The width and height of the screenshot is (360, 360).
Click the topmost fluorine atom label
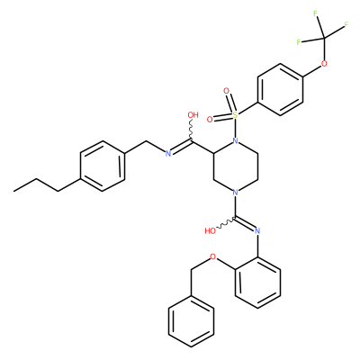point(315,13)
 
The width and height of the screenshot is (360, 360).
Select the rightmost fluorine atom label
point(346,24)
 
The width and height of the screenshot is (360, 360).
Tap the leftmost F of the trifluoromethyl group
point(299,42)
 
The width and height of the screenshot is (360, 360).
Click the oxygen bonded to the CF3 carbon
point(324,64)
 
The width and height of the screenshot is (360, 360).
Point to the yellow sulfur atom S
point(235,114)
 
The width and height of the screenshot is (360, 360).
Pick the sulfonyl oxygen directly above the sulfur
point(227,90)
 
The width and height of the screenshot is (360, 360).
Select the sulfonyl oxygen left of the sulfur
point(210,120)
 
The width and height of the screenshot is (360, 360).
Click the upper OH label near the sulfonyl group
point(193,115)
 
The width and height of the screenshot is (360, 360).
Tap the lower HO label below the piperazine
point(211,230)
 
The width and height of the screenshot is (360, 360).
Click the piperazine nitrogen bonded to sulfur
point(236,140)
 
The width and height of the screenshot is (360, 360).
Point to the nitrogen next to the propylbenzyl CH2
point(168,154)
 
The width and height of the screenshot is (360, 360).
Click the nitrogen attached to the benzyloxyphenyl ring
point(257,230)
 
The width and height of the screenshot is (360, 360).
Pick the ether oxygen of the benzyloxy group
point(213,256)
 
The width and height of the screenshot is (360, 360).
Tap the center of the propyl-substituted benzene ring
point(103,166)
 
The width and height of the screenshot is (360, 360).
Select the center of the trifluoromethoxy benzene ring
point(280,89)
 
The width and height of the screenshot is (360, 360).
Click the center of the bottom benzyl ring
point(191,321)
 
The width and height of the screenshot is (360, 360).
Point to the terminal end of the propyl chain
point(13,191)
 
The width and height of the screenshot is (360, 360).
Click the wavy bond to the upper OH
point(191,130)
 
